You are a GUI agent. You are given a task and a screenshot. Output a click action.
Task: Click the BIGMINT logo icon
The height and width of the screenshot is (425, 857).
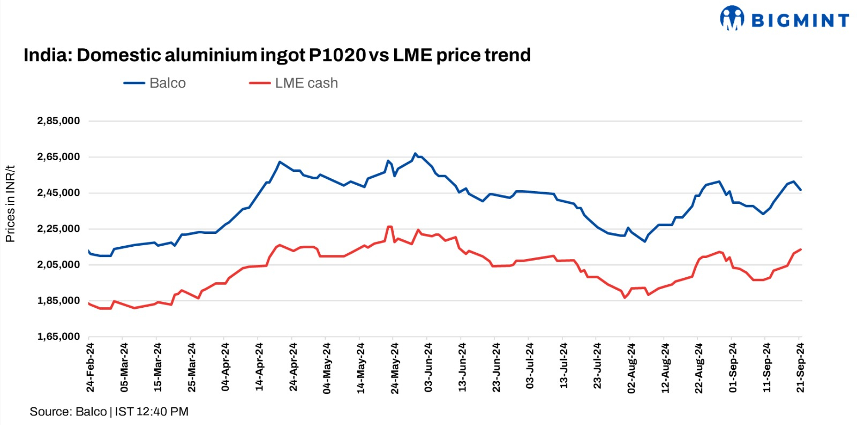pyautogui.click(x=732, y=18)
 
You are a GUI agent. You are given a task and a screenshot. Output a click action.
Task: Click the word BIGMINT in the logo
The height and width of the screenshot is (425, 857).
pyautogui.click(x=800, y=20)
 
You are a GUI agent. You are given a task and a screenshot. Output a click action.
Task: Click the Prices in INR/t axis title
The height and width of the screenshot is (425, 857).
pyautogui.click(x=10, y=204)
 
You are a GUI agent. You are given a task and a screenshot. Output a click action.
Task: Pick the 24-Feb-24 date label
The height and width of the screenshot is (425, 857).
pyautogui.click(x=91, y=367)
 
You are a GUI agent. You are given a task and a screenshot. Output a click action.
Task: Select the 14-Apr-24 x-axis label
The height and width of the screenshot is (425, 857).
pyautogui.click(x=260, y=367)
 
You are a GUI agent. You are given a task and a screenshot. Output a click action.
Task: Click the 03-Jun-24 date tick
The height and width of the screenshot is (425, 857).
pyautogui.click(x=428, y=367)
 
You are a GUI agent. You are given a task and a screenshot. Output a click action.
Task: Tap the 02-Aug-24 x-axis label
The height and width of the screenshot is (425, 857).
pyautogui.click(x=632, y=368)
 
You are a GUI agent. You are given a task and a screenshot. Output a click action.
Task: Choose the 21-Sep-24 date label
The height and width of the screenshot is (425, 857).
pyautogui.click(x=800, y=367)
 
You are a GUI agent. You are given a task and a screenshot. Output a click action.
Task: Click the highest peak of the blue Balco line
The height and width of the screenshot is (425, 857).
pyautogui.click(x=415, y=154)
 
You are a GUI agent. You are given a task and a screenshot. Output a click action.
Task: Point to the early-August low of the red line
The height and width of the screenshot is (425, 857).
pyautogui.click(x=625, y=298)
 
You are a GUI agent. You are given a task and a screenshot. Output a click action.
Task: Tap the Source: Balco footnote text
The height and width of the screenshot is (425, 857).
pyautogui.click(x=68, y=412)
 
